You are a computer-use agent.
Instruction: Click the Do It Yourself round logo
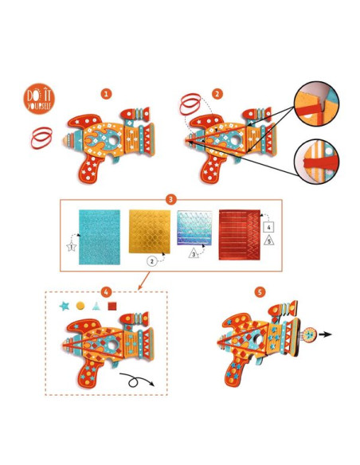pyautogui.click(x=39, y=99)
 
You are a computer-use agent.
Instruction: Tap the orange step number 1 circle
pyautogui.click(x=106, y=94)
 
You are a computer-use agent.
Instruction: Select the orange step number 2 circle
pyautogui.click(x=217, y=94)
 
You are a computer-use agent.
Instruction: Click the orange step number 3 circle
pyautogui.click(x=170, y=199)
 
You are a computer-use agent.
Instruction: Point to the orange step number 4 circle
pyautogui.click(x=106, y=291)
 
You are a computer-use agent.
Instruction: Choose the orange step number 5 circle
pyautogui.click(x=260, y=292)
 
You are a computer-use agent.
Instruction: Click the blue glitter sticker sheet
pyautogui.click(x=100, y=237)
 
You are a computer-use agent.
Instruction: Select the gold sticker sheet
pyautogui.click(x=150, y=232)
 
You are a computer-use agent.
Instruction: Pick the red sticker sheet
pyautogui.click(x=240, y=235)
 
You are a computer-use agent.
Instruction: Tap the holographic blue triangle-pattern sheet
pyautogui.click(x=194, y=228)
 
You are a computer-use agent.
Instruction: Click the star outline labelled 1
pyautogui.click(x=71, y=247)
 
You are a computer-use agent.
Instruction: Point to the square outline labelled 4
pyautogui.click(x=268, y=227)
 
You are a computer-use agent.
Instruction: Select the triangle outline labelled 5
pyautogui.click(x=268, y=240)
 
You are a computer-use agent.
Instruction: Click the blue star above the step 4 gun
pyautogui.click(x=64, y=306)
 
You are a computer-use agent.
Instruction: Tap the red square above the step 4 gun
pyautogui.click(x=112, y=306)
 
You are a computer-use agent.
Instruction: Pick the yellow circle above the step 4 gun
pyautogui.click(x=80, y=306)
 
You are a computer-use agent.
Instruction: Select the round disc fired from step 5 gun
pyautogui.click(x=310, y=334)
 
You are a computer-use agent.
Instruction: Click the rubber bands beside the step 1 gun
pyautogui.click(x=41, y=138)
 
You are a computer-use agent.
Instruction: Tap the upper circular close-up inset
pyautogui.click(x=316, y=104)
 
